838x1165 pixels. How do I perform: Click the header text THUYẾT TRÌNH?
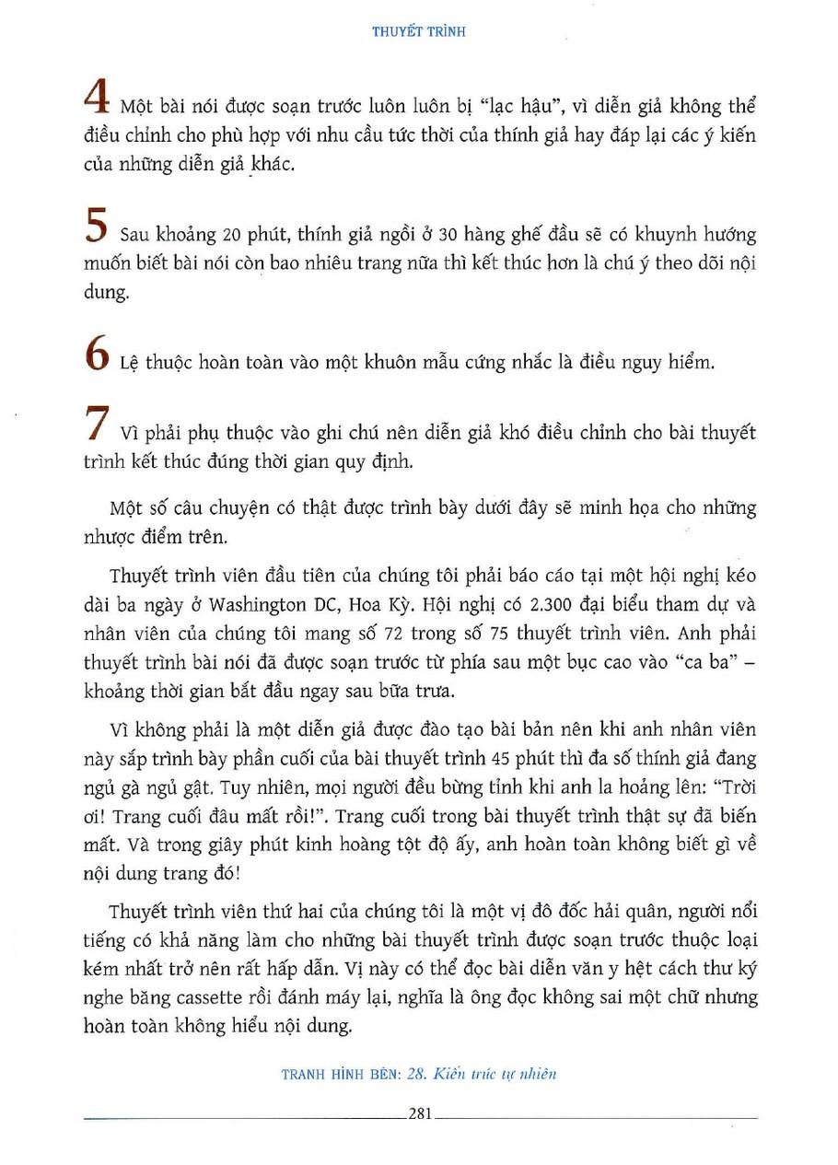(x=419, y=30)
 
